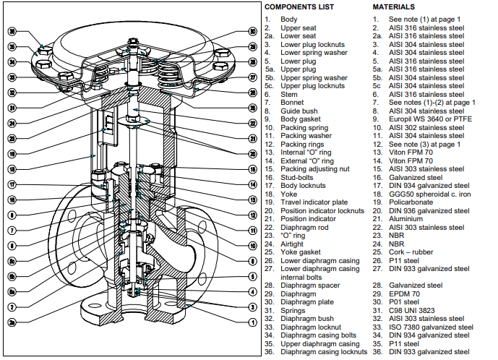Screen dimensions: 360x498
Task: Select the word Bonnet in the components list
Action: point(293,103)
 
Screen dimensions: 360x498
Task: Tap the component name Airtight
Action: point(293,244)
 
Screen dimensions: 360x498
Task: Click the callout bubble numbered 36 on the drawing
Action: point(12,32)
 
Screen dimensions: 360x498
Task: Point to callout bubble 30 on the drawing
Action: point(252,32)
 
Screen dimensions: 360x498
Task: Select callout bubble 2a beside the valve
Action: point(12,321)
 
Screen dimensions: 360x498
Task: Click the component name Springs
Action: point(294,310)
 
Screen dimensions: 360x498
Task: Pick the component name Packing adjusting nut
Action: point(314,169)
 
